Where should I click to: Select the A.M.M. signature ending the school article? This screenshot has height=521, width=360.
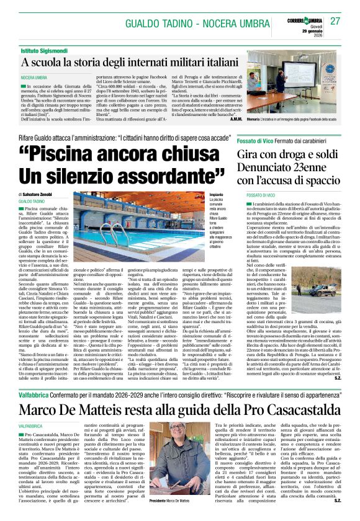(x=236, y=118)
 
